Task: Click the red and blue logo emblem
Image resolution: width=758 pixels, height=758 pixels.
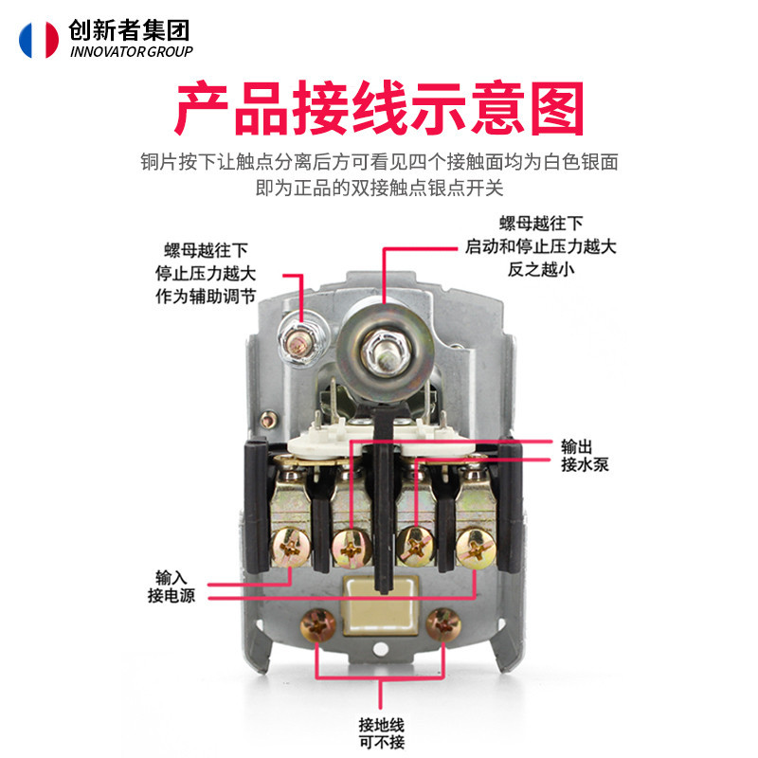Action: (39, 40)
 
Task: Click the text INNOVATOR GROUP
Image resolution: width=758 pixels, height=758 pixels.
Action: (132, 51)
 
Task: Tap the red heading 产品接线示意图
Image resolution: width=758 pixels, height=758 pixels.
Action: (380, 108)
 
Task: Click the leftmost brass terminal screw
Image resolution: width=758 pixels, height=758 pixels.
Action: (291, 548)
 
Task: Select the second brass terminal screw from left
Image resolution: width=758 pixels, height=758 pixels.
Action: (352, 549)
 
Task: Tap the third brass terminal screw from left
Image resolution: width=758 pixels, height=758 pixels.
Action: (415, 548)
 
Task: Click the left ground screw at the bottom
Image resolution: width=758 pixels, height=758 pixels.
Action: (317, 626)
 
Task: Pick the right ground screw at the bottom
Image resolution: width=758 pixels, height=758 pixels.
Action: (443, 625)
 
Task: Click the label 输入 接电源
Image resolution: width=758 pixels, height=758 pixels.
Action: (171, 587)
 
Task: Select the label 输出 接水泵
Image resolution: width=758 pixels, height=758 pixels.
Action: (585, 456)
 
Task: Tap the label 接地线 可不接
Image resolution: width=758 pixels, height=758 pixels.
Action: (382, 732)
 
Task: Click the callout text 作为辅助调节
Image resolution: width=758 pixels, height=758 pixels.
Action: (206, 297)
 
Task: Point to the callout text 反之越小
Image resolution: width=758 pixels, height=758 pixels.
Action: (541, 269)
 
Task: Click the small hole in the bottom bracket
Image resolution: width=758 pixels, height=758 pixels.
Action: (381, 649)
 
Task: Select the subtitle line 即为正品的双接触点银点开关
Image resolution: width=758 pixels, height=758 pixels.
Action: (380, 188)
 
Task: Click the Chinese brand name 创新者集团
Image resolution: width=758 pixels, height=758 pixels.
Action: (129, 30)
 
